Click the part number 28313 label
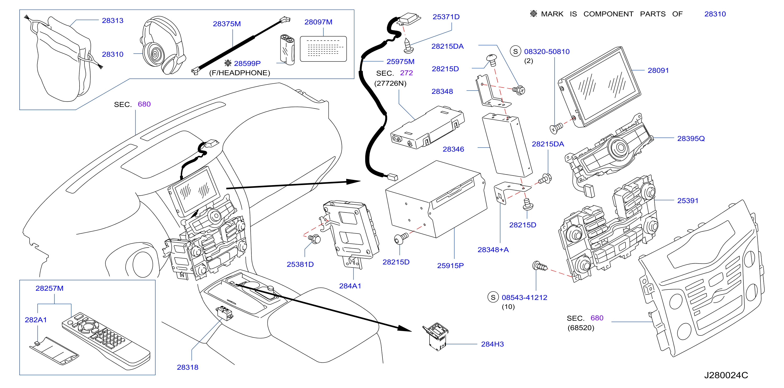coord(112,21)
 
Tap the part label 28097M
coord(318,22)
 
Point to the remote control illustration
coord(106,341)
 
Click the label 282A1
coord(36,320)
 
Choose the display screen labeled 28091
coord(599,87)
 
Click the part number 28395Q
coord(691,139)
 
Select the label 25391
coord(687,201)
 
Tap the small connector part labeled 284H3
coord(436,336)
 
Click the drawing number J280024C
coord(726,375)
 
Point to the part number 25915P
coord(450,266)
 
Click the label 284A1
coord(350,286)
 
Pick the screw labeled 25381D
coord(314,239)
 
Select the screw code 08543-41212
coord(524,298)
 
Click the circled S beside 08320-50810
coord(515,52)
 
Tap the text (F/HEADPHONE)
coord(240,73)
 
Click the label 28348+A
coord(493,250)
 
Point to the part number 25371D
coord(446,17)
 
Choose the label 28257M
coord(49,289)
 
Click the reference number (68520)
coord(581,328)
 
